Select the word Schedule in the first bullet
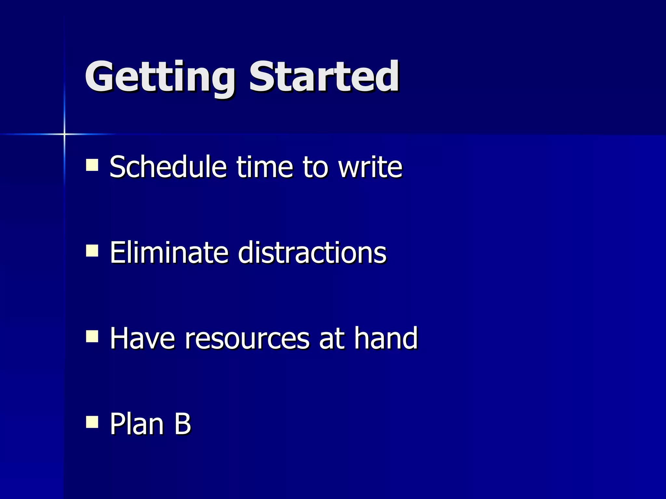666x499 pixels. [168, 167]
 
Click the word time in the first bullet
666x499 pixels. [265, 167]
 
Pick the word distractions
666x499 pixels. [312, 253]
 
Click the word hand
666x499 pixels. [386, 339]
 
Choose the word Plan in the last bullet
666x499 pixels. [137, 424]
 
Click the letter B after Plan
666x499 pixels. [182, 424]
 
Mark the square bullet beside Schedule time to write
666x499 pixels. [92, 165]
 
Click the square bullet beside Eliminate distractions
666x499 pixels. [92, 250]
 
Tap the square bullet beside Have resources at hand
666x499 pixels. [92, 336]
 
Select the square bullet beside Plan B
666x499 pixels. [92, 422]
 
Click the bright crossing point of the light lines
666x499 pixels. [64, 134]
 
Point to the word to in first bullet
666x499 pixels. [315, 168]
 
